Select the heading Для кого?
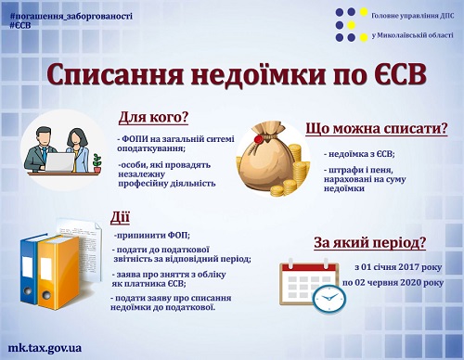[153, 119]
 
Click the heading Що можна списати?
[377, 130]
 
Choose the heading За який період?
[369, 243]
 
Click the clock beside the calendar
[328, 299]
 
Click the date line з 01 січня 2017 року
[397, 265]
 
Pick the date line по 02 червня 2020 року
[393, 281]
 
